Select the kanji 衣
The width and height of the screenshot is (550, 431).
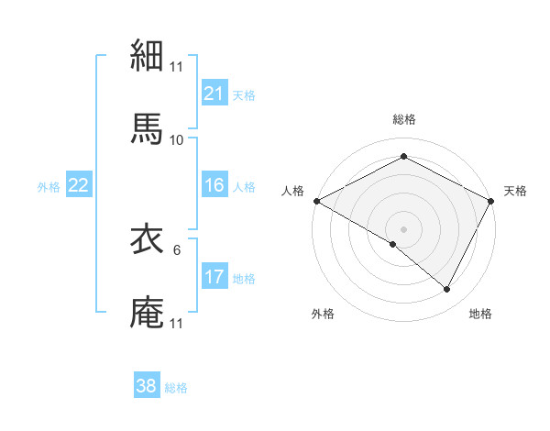148,239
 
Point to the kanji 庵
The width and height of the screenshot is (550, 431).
148,312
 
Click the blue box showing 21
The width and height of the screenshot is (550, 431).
214,93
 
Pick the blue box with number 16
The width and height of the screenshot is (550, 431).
214,185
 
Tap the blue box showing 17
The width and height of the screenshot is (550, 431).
214,277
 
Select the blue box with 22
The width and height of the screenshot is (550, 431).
78,185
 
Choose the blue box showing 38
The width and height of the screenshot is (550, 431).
146,386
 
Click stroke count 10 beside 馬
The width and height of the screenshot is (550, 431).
176,139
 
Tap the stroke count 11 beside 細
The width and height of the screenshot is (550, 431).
176,66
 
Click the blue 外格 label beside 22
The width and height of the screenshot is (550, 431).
49,186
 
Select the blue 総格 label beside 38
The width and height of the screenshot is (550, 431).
176,387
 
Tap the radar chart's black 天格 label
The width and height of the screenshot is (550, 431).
516,191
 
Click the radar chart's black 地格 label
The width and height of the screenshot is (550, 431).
480,314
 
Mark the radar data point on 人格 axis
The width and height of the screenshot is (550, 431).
316,201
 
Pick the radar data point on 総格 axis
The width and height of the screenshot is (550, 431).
403,157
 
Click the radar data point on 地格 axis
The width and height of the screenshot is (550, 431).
447,290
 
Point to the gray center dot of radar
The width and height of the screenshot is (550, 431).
403,228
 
